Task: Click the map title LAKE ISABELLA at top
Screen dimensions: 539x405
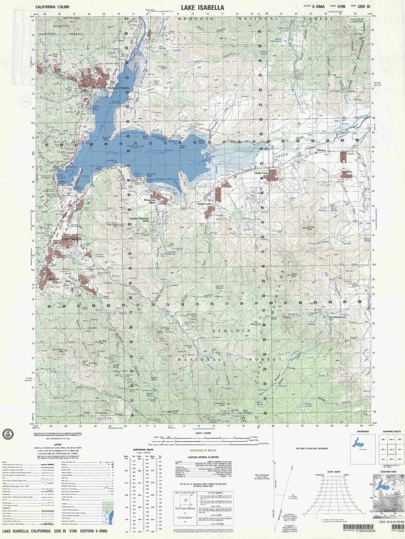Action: point(202,8)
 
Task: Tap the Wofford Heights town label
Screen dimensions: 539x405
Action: point(118,88)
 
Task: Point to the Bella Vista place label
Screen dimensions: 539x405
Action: point(261,173)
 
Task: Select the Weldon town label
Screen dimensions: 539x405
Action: point(321,151)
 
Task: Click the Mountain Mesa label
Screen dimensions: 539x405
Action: point(150,201)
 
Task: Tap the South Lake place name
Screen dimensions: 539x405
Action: point(205,204)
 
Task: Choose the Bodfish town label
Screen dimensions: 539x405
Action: point(54,279)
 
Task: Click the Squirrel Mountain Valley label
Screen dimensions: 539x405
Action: point(140,219)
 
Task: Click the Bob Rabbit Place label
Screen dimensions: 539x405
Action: point(337,317)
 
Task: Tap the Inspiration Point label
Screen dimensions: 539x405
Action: point(219,404)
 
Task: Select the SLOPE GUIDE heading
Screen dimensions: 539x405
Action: point(334,472)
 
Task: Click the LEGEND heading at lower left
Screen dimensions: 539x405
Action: point(58,444)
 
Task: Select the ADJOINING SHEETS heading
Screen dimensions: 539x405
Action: point(390,432)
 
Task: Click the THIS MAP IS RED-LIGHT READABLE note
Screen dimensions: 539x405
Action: point(311,449)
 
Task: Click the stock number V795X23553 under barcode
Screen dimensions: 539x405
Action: point(364,531)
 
